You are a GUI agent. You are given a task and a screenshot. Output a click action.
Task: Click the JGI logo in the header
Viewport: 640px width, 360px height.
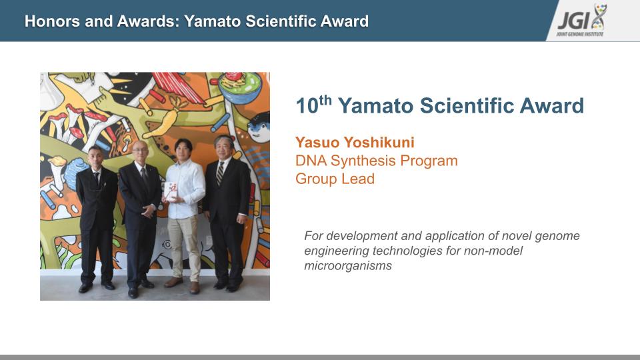point(581,20)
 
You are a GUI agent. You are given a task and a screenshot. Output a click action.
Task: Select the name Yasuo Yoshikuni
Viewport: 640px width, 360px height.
point(355,143)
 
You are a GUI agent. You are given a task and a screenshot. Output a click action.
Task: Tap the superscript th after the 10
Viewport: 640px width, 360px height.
point(325,99)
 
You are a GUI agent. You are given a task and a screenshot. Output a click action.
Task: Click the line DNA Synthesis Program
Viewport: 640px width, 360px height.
point(376,161)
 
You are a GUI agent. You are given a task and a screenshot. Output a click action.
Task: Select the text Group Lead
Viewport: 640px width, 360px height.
point(335,179)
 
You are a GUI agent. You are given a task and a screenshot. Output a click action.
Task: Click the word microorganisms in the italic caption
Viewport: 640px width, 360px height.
point(348,266)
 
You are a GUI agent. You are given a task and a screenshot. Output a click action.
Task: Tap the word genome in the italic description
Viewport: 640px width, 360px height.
point(557,236)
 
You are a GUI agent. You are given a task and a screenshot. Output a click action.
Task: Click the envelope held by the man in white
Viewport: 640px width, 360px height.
point(170,191)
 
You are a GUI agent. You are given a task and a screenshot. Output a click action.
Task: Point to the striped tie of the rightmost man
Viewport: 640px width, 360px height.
point(220,173)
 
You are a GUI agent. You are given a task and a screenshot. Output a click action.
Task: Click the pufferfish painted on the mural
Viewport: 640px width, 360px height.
point(259,127)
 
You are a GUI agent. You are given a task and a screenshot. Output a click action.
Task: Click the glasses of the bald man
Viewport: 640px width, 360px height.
point(141,150)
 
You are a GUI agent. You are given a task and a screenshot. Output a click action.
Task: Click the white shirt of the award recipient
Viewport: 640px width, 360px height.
point(185,189)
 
